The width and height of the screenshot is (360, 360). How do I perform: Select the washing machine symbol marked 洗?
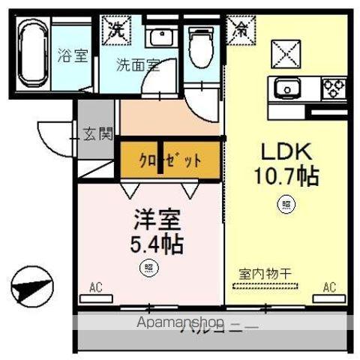(x=116, y=30)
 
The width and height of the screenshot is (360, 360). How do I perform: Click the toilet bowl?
(x=199, y=46)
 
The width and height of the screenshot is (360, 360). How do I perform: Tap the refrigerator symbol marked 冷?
(x=241, y=30)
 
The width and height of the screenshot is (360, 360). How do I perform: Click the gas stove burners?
(x=334, y=88)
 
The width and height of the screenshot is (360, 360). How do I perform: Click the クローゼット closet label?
(x=170, y=160)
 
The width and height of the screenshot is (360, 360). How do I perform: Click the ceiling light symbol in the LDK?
(x=286, y=202)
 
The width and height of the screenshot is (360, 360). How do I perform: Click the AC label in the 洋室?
(x=95, y=286)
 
